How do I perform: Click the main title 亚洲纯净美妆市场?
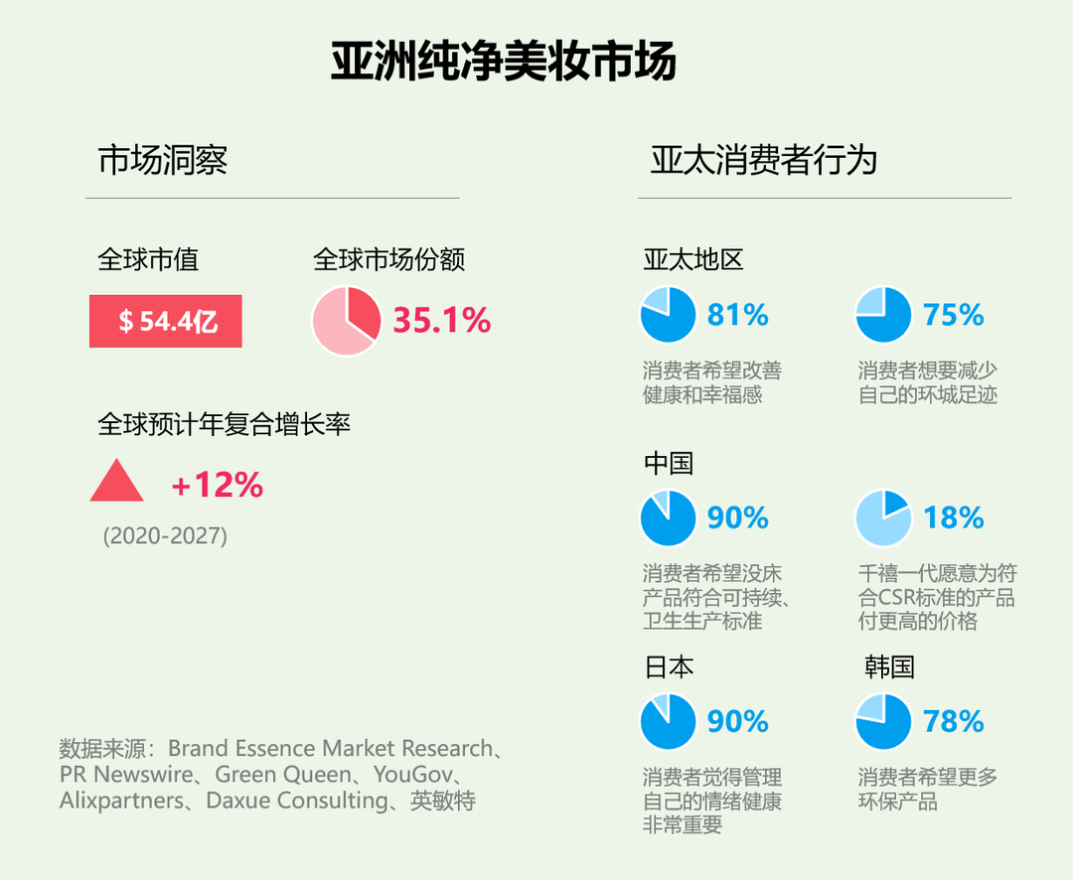click(x=504, y=62)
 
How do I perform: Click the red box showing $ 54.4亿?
click(x=166, y=322)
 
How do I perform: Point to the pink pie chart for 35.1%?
click(x=346, y=321)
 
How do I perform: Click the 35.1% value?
click(x=441, y=321)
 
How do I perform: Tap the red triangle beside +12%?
click(x=116, y=482)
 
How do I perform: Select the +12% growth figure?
click(x=217, y=485)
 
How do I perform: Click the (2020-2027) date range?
click(x=165, y=536)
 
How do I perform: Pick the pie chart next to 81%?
click(x=668, y=315)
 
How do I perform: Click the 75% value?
click(x=953, y=315)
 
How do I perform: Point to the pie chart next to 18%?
click(x=883, y=517)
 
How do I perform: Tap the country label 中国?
click(x=669, y=463)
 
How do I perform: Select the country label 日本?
click(x=669, y=666)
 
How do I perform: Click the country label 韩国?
click(x=889, y=666)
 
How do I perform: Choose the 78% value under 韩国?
click(x=953, y=721)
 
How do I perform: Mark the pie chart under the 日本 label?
click(x=668, y=721)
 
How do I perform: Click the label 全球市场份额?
click(x=389, y=260)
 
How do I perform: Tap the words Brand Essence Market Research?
click(x=330, y=748)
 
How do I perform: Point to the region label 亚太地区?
click(x=693, y=260)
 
